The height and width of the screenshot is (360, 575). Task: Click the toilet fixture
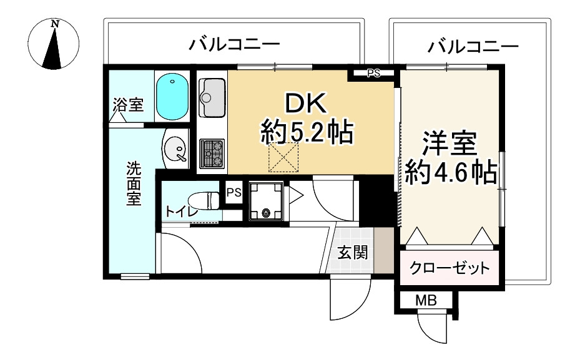click(204, 201)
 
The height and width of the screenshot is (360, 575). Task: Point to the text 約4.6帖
click(451, 172)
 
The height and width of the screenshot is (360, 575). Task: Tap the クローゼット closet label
click(450, 268)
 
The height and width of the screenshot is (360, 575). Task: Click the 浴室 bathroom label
click(128, 104)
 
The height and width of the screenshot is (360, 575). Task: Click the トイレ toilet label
click(182, 212)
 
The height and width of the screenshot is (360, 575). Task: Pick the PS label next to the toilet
click(233, 193)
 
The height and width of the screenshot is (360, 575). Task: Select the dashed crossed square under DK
click(284, 157)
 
